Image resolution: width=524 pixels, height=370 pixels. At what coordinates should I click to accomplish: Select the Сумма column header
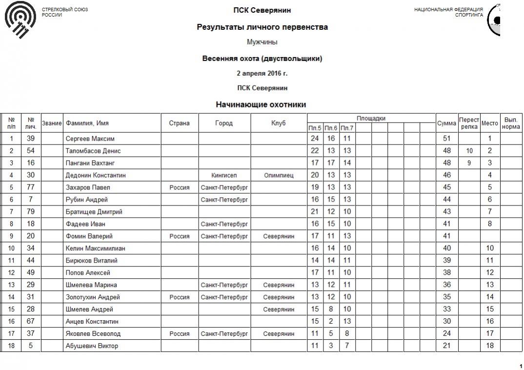click(x=446, y=123)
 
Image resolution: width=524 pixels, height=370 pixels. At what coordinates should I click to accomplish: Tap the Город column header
click(x=224, y=123)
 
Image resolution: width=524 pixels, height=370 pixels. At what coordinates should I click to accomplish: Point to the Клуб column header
click(x=279, y=123)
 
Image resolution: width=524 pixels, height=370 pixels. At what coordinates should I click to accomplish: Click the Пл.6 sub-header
click(x=331, y=128)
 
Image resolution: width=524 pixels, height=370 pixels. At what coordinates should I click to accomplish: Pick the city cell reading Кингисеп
click(x=224, y=175)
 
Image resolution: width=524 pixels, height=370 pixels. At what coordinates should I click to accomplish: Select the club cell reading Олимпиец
click(x=279, y=175)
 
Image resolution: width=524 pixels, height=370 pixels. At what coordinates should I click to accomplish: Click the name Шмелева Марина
click(x=91, y=285)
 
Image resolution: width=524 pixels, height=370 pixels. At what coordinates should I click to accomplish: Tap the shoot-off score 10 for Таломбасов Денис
click(x=469, y=151)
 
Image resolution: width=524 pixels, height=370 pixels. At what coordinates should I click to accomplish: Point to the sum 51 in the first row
click(x=446, y=139)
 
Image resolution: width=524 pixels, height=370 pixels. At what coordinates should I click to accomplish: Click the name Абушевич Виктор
click(x=92, y=346)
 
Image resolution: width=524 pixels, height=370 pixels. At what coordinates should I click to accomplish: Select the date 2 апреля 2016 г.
click(x=262, y=73)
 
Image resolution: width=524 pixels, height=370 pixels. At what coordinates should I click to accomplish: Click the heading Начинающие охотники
click(x=261, y=104)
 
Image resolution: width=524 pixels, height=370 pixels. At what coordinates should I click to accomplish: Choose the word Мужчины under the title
click(x=262, y=42)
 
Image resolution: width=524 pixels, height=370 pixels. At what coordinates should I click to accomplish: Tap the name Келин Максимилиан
click(x=96, y=248)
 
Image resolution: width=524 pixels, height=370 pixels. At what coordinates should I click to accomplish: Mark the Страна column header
click(x=179, y=123)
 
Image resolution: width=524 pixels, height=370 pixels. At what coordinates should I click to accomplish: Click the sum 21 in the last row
click(x=446, y=346)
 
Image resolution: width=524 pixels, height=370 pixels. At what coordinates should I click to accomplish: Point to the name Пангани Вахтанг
click(x=90, y=163)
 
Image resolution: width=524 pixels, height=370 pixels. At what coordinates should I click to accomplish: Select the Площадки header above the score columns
click(x=371, y=118)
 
